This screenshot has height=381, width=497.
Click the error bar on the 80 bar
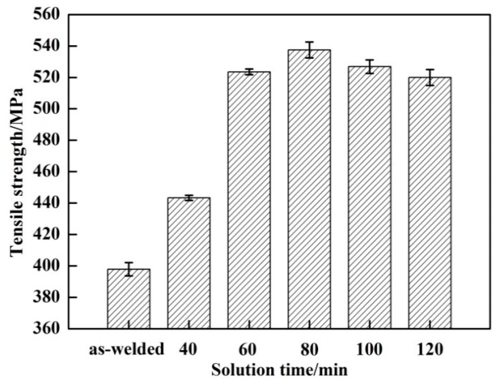tap(309, 50)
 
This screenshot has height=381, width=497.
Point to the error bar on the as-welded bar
tap(128, 269)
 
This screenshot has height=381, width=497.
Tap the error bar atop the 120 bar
tap(430, 77)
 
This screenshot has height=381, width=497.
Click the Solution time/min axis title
tap(279, 370)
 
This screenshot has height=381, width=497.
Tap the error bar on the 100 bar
tap(370, 67)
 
